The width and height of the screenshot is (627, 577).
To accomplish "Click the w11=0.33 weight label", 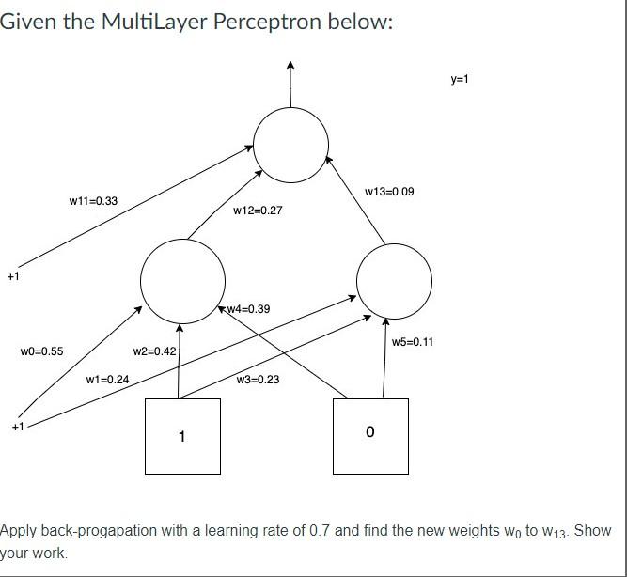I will pos(93,200).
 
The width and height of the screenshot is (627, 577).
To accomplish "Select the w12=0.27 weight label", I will pos(258,211).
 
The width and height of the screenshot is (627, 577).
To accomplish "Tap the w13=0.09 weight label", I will pos(389,192).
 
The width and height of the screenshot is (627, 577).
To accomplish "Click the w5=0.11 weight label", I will pos(413,342).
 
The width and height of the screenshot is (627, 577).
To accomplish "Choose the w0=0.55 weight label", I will pos(41,351).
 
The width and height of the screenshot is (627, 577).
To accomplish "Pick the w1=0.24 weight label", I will pos(107,380).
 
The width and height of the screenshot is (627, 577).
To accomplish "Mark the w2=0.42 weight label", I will pos(154,351).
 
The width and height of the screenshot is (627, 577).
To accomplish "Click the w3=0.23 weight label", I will pos(259,380).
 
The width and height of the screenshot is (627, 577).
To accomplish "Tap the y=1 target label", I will pos(460,80).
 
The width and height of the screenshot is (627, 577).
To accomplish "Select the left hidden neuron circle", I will pos(182,279).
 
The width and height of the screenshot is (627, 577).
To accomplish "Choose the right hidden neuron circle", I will pos(395,281).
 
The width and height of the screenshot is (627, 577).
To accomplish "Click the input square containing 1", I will pos(182,436).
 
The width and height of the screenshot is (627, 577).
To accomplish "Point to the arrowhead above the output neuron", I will pos(291,66).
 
